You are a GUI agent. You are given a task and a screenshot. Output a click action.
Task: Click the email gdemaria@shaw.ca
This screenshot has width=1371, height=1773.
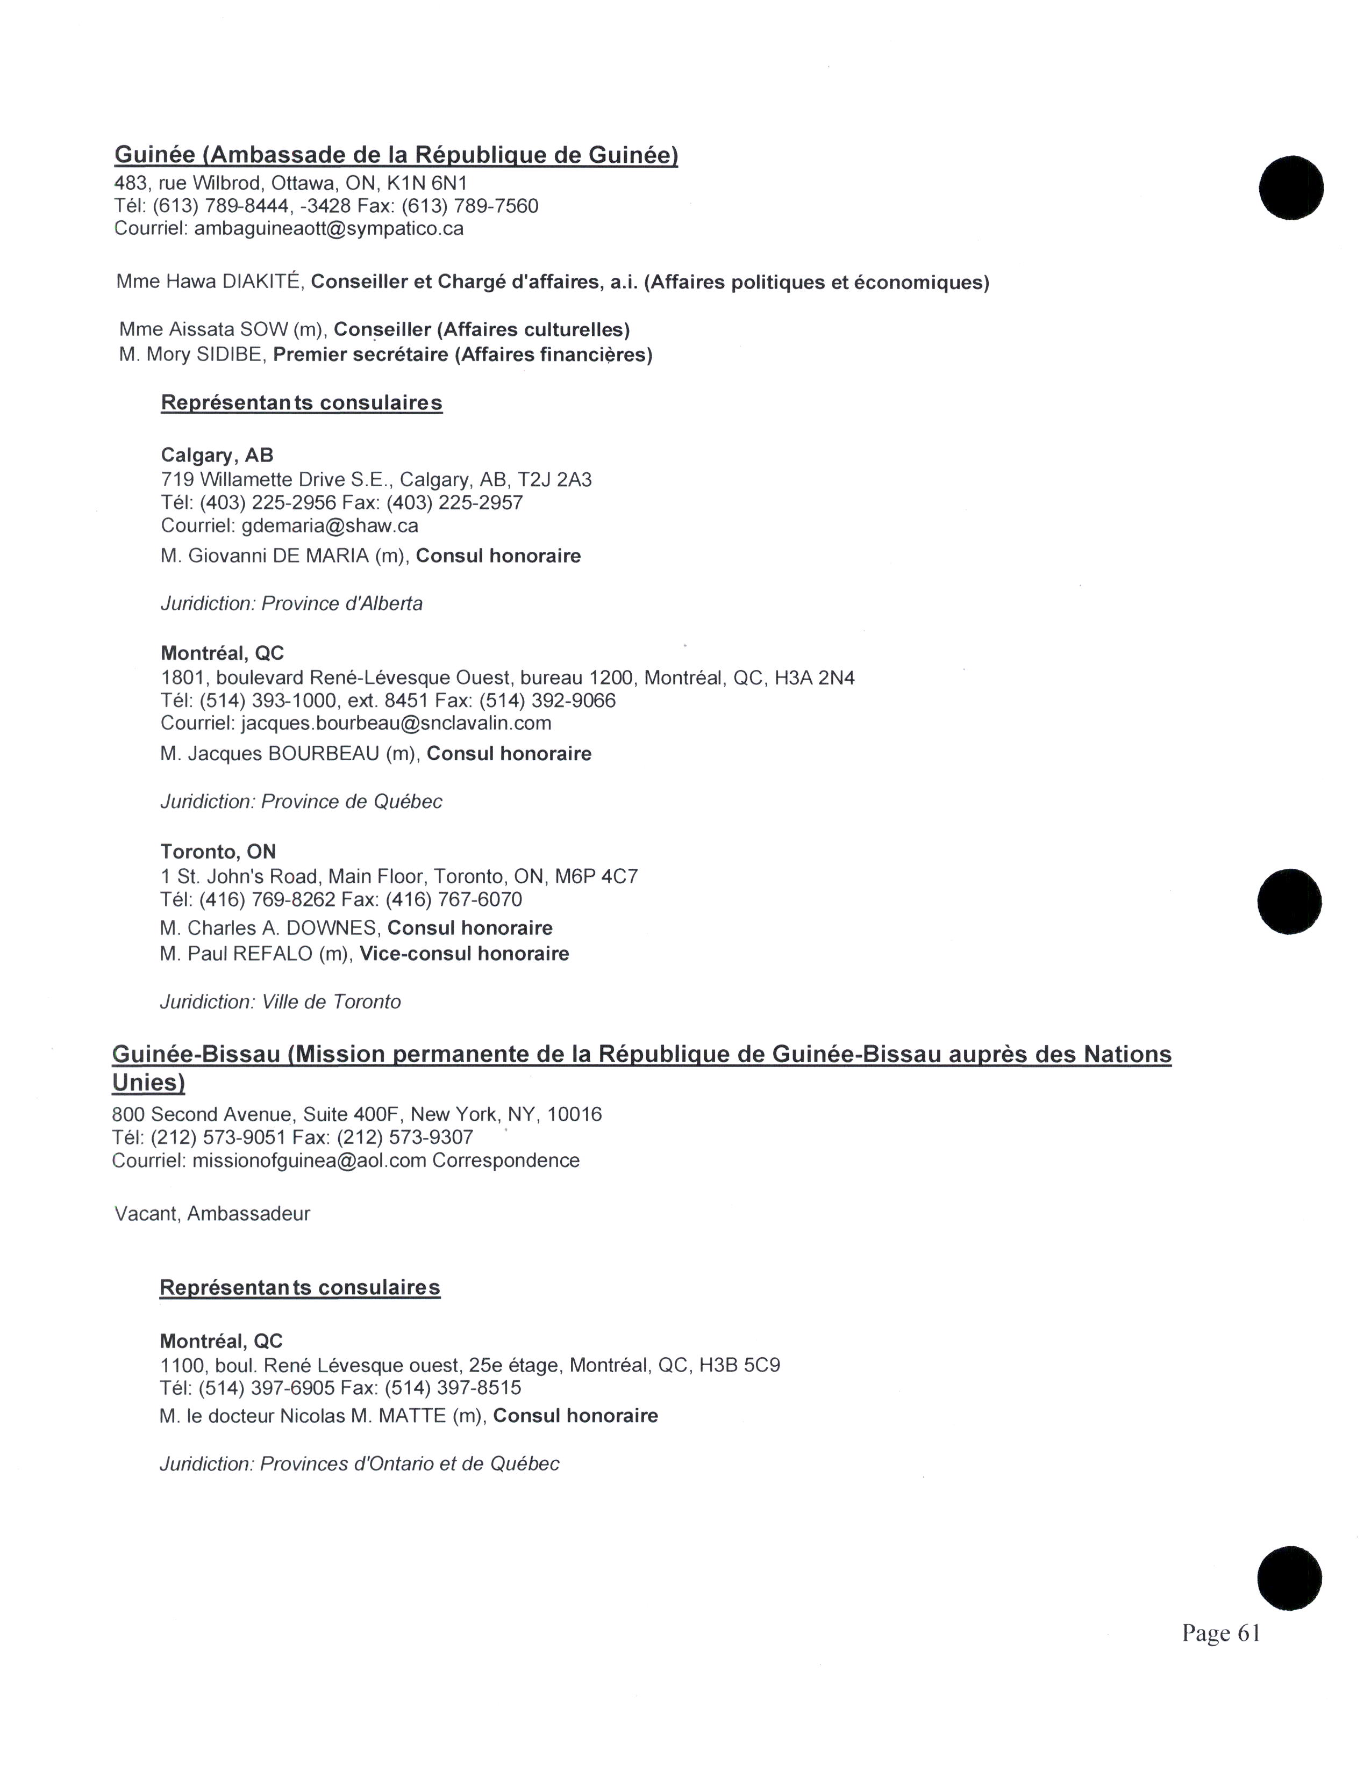[330, 526]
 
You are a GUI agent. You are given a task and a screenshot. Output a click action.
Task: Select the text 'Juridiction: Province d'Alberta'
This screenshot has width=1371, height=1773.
[291, 604]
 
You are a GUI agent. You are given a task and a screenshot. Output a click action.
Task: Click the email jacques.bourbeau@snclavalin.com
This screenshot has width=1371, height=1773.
[396, 723]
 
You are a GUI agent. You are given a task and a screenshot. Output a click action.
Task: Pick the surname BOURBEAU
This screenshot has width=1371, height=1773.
[323, 754]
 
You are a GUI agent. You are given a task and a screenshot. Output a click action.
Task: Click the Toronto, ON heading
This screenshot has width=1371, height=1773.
[218, 852]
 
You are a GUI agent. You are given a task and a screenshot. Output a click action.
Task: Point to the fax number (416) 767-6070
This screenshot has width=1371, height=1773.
[453, 899]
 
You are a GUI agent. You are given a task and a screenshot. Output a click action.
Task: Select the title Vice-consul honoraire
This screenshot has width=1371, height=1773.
[464, 954]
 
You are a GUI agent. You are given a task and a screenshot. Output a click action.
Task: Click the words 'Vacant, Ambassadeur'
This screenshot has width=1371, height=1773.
[212, 1214]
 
